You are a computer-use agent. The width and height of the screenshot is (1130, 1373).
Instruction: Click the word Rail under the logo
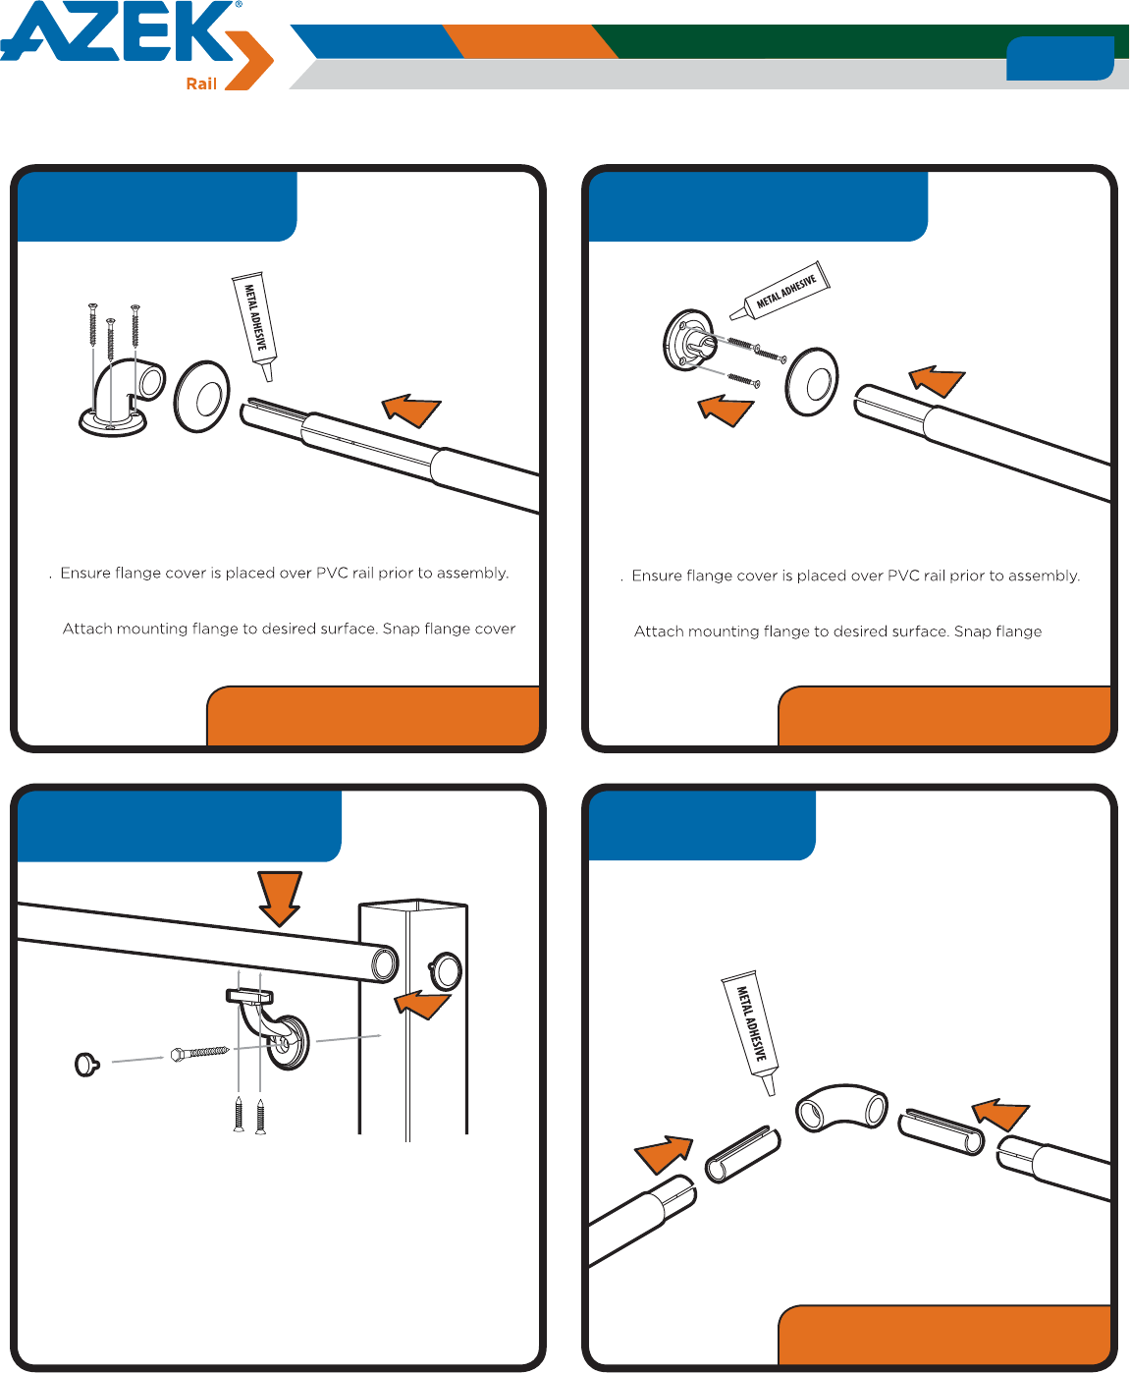(201, 84)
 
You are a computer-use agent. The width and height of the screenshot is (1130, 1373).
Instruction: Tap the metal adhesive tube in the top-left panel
(254, 325)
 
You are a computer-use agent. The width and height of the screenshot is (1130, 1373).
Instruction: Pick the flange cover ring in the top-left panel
(202, 396)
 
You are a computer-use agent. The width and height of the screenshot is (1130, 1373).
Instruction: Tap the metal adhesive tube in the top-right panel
(780, 291)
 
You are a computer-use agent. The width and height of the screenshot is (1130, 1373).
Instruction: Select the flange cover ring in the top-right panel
(812, 381)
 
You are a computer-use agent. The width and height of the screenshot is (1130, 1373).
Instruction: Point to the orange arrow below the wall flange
(726, 410)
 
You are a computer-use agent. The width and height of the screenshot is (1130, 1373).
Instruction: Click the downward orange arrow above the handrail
(280, 899)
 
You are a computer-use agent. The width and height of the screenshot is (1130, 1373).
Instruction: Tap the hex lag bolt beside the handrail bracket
(200, 1053)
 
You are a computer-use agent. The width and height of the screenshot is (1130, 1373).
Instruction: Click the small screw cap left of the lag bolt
(86, 1065)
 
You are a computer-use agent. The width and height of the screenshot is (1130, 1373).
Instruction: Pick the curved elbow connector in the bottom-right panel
(841, 1108)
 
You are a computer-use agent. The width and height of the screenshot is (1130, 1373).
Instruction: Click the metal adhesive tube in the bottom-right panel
(750, 1032)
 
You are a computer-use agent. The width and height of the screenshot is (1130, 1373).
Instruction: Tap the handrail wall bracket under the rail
(269, 1028)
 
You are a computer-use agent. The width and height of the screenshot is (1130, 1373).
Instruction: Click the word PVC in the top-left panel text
(332, 573)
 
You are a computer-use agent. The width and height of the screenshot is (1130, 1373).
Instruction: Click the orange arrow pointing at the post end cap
(422, 1005)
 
